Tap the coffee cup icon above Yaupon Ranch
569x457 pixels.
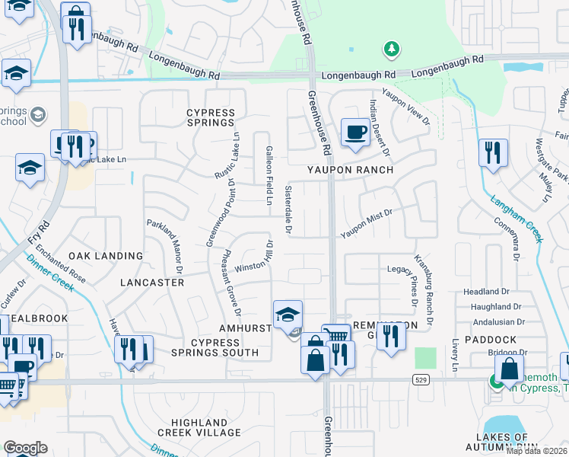(354, 133)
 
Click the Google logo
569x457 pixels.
(25, 448)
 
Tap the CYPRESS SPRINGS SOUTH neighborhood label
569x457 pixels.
(204, 347)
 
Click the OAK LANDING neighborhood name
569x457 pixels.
(106, 256)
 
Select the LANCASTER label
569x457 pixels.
(152, 283)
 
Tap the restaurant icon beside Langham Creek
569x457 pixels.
(493, 152)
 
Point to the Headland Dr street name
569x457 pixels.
(486, 292)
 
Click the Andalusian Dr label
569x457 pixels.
(488, 322)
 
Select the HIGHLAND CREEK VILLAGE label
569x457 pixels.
(199, 427)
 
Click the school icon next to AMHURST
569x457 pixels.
(288, 314)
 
